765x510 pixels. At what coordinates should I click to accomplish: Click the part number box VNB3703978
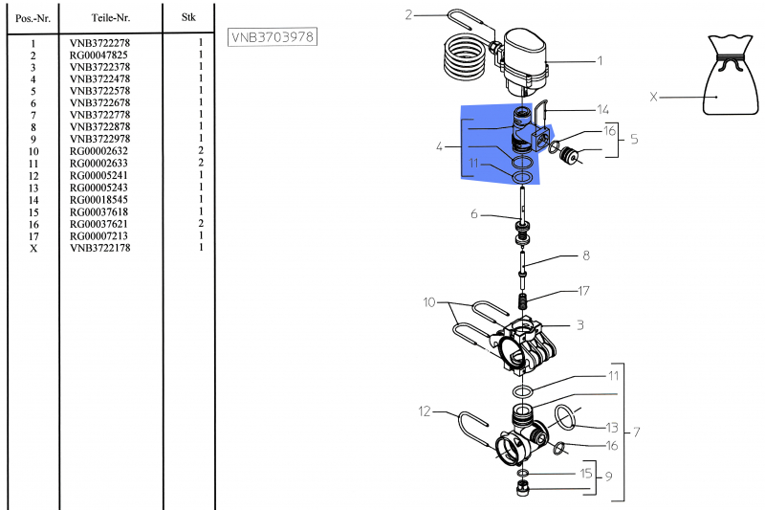coord(273,37)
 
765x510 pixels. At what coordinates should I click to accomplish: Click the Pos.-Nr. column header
coord(33,17)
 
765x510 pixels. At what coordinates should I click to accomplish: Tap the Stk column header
coord(188,17)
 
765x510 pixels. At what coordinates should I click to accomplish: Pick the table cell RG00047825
coord(98,55)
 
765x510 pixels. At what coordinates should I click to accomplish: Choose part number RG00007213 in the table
coord(98,236)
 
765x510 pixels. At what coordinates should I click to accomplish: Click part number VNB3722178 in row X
coord(98,249)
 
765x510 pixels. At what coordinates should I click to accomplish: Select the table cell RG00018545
coord(98,199)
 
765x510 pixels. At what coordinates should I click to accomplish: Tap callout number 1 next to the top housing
coord(600,62)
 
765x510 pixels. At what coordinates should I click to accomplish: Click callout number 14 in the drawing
coord(602,109)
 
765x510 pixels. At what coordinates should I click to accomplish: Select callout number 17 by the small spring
coord(584,291)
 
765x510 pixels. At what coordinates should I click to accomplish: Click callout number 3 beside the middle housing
coord(579,324)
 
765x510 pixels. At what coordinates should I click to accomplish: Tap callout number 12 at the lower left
coord(426,412)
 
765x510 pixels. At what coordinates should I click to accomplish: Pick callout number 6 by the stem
coord(473,214)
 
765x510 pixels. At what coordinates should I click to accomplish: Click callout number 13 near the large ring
coord(613,427)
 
